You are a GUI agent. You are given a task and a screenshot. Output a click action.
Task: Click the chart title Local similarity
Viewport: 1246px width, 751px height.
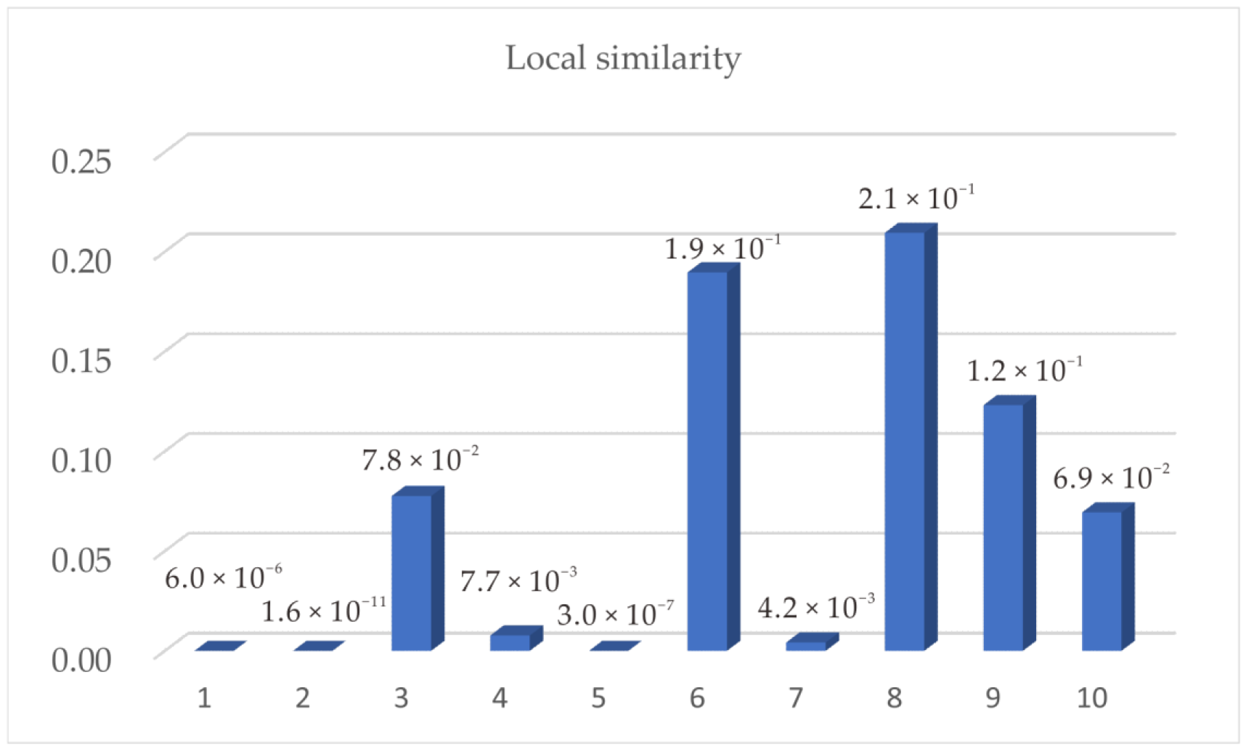click(623, 58)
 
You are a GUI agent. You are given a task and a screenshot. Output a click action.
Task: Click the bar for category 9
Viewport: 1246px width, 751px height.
click(1003, 527)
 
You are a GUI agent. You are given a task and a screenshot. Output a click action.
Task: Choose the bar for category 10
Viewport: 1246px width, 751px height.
click(1102, 580)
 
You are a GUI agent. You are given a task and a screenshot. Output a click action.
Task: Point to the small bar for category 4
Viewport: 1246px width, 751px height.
click(510, 642)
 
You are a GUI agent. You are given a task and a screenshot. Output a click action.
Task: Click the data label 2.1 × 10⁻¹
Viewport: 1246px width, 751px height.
click(916, 198)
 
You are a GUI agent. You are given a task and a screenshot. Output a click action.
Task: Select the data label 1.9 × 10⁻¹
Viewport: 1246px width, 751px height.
click(722, 248)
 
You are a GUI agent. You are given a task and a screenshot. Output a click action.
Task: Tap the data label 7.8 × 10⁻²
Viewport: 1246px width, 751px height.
click(420, 460)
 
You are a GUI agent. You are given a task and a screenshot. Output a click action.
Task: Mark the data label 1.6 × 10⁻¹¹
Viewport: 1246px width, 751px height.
click(323, 611)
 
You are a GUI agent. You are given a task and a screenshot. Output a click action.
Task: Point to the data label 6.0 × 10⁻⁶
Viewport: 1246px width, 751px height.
click(223, 578)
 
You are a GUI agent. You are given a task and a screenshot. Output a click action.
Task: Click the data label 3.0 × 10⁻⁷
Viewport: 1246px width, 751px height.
click(615, 614)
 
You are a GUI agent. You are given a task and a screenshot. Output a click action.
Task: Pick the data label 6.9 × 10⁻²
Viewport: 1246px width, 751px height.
click(1111, 478)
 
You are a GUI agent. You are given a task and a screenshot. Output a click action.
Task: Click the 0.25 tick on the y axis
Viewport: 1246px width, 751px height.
click(81, 161)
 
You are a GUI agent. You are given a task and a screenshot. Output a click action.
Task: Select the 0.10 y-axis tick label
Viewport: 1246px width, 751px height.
click(81, 460)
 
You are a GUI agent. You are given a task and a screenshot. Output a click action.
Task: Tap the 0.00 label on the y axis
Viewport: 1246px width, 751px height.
click(81, 659)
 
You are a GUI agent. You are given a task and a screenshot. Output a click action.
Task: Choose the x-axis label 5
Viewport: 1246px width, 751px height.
click(598, 698)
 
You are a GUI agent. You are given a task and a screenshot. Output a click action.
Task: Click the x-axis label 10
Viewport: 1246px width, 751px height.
click(1091, 698)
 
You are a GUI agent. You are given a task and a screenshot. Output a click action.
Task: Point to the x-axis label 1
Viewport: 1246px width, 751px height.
click(205, 698)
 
